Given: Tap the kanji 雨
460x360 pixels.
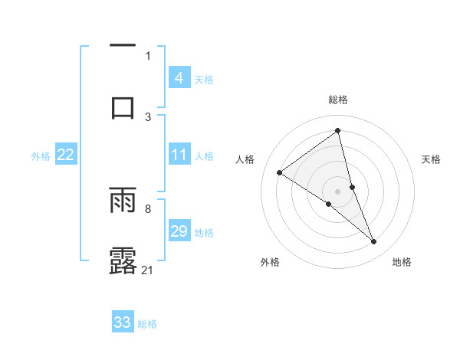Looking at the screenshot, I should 123,199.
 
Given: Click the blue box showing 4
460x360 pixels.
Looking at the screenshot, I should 179,77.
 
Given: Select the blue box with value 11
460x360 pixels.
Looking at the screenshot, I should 179,155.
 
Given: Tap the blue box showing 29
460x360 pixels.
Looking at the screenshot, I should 179,231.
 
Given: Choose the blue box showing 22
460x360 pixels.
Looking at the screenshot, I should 66,155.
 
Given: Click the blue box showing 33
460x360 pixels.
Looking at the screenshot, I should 123,322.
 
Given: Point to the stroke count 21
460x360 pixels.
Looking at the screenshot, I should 149,270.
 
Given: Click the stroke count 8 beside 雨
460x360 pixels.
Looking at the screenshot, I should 148,208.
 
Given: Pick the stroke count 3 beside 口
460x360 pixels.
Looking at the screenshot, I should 148,116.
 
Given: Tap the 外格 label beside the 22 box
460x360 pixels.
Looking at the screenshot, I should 41,155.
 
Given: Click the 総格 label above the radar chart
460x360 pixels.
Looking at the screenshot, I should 338,100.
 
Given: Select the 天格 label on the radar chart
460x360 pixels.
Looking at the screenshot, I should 431,159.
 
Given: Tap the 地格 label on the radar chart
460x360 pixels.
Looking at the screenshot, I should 402,262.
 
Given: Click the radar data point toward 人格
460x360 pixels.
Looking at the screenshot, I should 279,172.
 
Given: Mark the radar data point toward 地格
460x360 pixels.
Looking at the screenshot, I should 373,242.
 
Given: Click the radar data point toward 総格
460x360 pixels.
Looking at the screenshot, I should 338,131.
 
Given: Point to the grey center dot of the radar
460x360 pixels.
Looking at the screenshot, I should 338,191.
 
